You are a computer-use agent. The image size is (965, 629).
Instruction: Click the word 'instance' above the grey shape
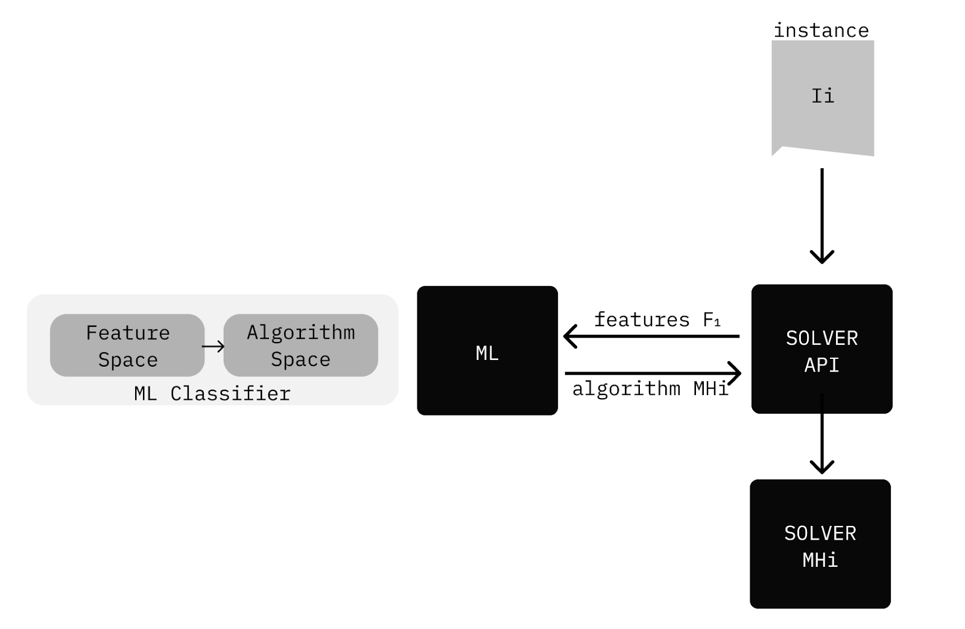[x=821, y=30]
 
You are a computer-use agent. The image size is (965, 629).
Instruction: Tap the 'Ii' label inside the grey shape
[x=822, y=96]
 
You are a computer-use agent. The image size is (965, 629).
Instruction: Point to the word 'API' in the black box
[x=821, y=365]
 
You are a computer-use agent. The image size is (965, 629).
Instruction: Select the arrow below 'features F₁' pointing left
[x=651, y=336]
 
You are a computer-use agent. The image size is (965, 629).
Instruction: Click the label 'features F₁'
[x=657, y=320]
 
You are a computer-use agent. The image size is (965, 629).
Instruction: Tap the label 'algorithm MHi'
[x=650, y=388]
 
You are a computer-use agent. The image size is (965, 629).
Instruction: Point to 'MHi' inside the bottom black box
[x=820, y=560]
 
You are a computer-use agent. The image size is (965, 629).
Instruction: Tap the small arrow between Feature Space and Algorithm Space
[x=214, y=346]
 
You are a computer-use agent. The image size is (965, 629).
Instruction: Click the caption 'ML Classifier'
[x=212, y=394]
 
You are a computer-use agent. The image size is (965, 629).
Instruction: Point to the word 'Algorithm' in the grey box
[x=300, y=332]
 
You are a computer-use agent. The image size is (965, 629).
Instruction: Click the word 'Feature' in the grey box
[x=127, y=333]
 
